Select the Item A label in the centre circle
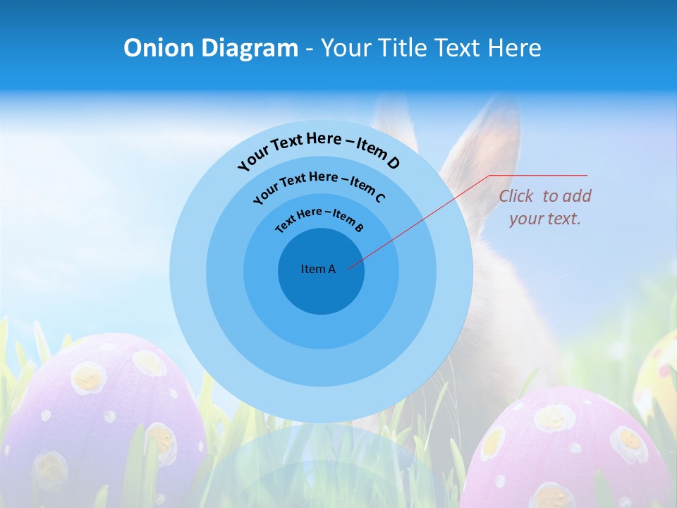click(318, 269)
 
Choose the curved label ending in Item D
click(319, 147)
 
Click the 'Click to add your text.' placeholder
click(545, 207)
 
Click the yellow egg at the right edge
click(659, 374)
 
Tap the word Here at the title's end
click(516, 48)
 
